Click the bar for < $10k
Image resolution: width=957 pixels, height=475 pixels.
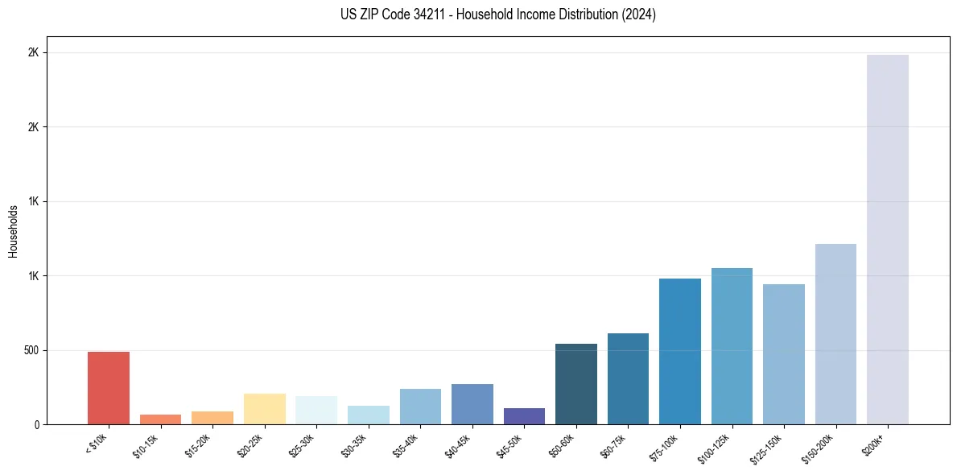click(x=109, y=388)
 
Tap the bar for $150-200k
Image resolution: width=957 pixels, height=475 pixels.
click(x=835, y=334)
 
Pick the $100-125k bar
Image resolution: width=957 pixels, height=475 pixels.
click(x=732, y=346)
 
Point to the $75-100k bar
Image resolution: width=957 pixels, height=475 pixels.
click(x=680, y=352)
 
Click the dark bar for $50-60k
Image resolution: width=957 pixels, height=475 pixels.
click(x=576, y=384)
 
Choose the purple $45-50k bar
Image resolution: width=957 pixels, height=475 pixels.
click(x=524, y=416)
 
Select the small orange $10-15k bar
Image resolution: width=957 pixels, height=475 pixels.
click(x=160, y=419)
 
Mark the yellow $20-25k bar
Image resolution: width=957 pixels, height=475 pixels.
click(x=265, y=409)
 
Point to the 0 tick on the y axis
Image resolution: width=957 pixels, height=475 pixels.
click(x=36, y=424)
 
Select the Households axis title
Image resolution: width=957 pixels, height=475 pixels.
click(x=13, y=231)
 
